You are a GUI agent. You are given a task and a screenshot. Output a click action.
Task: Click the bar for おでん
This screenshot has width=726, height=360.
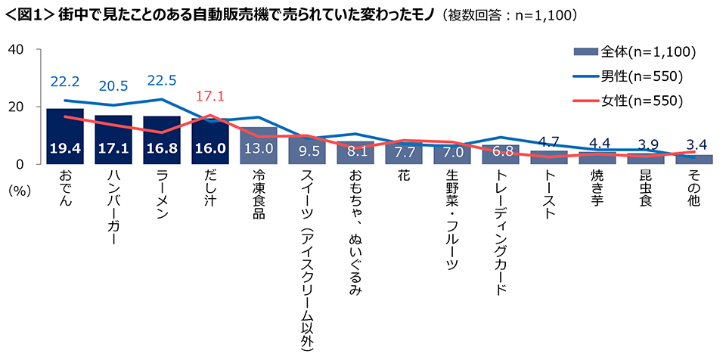tap(64, 136)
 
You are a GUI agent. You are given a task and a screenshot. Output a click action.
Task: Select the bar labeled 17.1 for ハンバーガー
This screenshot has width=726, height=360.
tap(113, 140)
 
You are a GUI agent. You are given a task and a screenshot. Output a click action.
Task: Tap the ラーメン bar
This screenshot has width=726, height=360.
tap(161, 140)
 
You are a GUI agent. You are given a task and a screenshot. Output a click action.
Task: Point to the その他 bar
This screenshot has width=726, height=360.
tap(695, 160)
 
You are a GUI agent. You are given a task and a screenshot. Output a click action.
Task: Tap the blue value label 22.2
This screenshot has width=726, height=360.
tap(64, 80)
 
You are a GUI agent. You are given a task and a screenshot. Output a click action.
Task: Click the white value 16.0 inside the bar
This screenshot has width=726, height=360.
tap(210, 150)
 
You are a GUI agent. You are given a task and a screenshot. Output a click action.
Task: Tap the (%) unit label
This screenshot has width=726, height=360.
tap(19, 191)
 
